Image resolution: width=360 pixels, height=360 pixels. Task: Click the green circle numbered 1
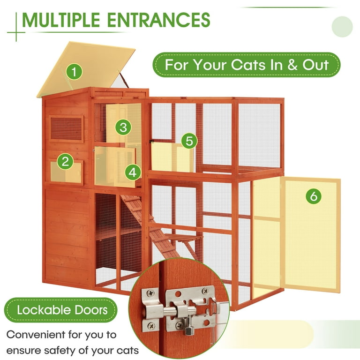pyautogui.click(x=74, y=72)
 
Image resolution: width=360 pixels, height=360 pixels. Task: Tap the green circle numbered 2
pyautogui.click(x=65, y=161)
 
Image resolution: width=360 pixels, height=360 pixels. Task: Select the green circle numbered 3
pyautogui.click(x=123, y=127)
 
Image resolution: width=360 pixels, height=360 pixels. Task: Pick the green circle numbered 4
pyautogui.click(x=133, y=172)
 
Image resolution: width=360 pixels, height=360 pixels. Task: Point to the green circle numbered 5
pyautogui.click(x=189, y=141)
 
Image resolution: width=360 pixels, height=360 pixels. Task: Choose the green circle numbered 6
pyautogui.click(x=314, y=196)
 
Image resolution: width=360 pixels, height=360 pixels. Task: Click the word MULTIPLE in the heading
pyautogui.click(x=61, y=20)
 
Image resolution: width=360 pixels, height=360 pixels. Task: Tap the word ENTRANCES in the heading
pyautogui.click(x=158, y=20)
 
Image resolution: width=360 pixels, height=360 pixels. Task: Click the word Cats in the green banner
pyautogui.click(x=248, y=65)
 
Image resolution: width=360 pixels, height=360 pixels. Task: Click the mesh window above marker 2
pyautogui.click(x=66, y=129)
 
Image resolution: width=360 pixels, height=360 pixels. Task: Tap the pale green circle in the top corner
pyautogui.click(x=342, y=27)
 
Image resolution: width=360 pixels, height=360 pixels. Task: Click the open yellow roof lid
pyautogui.click(x=86, y=69)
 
